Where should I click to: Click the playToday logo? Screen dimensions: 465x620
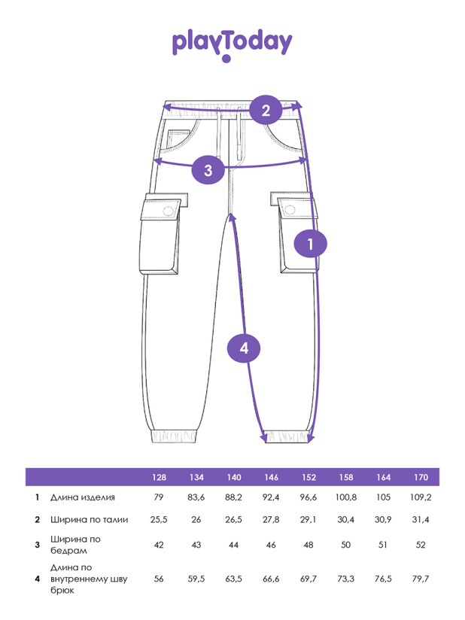click(232, 45)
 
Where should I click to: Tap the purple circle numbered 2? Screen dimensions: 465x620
click(266, 111)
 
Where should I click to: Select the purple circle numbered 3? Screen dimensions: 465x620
click(208, 170)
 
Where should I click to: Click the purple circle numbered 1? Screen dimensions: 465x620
click(311, 244)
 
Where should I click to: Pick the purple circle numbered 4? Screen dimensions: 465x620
click(244, 348)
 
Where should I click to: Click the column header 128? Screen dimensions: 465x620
click(159, 477)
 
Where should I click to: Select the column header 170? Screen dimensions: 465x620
click(421, 477)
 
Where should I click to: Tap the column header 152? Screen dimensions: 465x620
click(308, 477)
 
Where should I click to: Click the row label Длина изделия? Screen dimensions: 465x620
click(83, 497)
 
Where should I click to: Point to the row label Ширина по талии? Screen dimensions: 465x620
click(89, 520)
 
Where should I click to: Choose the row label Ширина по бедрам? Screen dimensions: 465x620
click(75, 545)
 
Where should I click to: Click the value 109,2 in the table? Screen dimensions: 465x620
click(421, 497)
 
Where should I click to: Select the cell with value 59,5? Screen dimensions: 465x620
click(196, 579)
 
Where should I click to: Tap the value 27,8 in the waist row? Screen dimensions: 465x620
click(271, 520)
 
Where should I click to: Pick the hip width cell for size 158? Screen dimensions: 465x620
click(346, 545)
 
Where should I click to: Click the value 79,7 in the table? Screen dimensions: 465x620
click(421, 579)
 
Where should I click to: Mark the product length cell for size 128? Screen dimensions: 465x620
click(159, 497)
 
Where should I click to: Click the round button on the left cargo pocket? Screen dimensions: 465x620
click(169, 211)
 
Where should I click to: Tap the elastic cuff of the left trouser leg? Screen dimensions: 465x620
click(174, 436)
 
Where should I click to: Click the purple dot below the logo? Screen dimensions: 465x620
click(226, 59)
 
